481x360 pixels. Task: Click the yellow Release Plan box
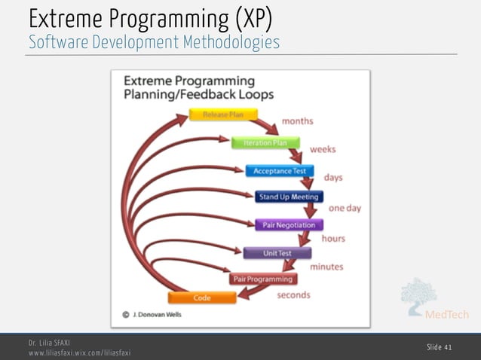point(222,115)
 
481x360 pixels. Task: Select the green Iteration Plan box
point(265,142)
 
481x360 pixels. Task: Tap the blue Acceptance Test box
point(280,171)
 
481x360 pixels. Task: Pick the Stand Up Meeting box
point(289,197)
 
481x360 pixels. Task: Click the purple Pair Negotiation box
point(289,224)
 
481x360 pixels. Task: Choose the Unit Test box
point(277,253)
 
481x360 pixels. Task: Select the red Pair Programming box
point(263,279)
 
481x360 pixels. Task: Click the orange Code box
point(202,297)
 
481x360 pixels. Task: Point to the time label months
point(298,121)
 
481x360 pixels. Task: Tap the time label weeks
point(323,149)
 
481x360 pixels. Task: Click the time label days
point(333,178)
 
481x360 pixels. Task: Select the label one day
point(345,208)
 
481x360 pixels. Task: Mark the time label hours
point(333,238)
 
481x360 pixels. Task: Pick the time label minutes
point(326,267)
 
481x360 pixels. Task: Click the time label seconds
point(294,294)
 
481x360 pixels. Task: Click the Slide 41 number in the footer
point(440,346)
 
